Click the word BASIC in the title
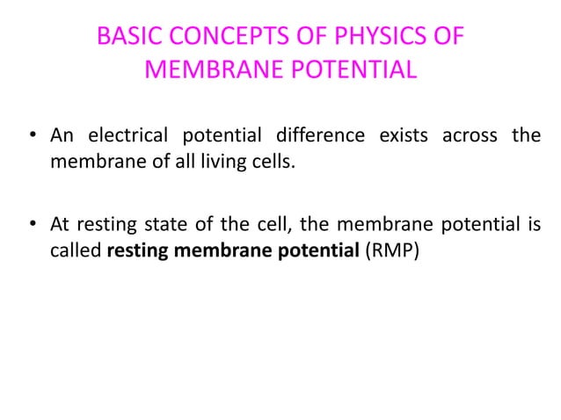[x=124, y=38]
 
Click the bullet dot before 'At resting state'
[x=30, y=214]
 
